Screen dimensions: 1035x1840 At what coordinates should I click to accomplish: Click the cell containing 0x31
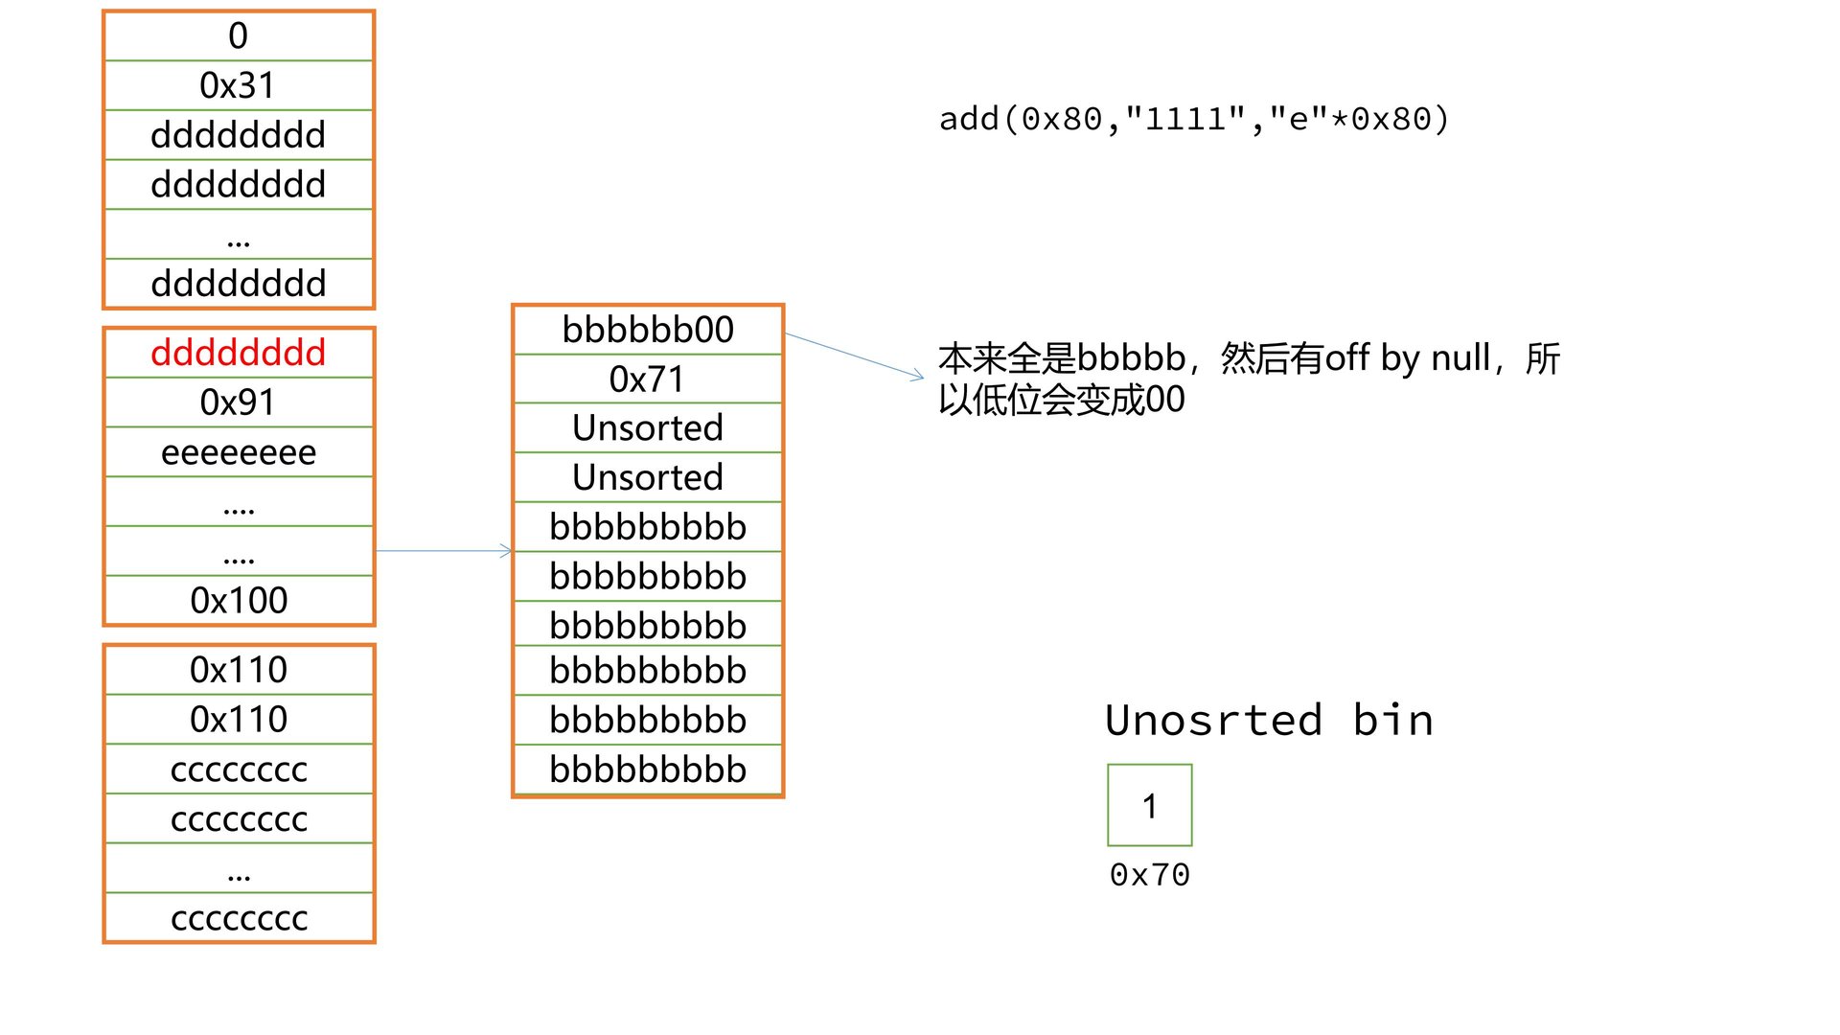238,85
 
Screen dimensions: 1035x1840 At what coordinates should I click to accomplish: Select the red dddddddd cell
238,353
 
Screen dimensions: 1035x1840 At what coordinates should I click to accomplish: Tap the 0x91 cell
238,402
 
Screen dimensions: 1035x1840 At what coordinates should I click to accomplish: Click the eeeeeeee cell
238,452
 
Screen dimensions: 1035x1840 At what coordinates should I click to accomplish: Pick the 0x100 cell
238,601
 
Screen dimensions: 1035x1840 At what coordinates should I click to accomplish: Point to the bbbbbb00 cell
648,330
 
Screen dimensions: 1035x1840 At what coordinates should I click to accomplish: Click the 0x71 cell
648,379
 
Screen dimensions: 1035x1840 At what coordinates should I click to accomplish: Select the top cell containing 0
238,36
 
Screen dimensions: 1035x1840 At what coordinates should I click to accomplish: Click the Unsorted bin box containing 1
1149,805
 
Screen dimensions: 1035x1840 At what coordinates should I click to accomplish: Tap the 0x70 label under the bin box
1149,875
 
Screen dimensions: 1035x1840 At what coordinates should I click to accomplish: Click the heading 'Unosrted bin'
1268,721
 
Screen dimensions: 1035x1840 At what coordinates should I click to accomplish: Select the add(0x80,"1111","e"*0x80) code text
1193,119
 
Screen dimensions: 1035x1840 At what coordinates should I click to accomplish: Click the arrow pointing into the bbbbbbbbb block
445,551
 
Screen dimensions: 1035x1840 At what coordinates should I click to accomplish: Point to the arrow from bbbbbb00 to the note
853,355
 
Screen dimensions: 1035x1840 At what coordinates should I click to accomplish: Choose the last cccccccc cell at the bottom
238,918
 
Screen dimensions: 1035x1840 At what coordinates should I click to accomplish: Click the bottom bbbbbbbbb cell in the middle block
648,770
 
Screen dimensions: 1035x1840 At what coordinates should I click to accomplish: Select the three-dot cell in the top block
238,235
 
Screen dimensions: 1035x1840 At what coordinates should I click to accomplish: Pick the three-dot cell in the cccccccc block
238,869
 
